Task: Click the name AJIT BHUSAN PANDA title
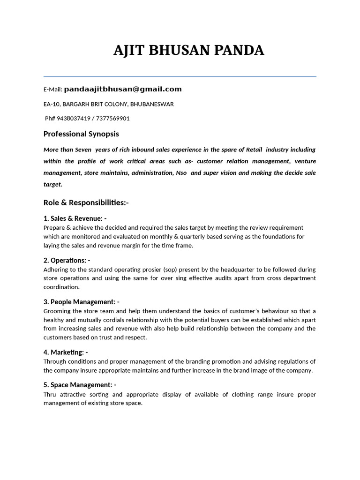[188, 51]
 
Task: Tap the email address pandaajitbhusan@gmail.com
[123, 89]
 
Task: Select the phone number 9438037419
[72, 119]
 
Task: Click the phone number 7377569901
[113, 119]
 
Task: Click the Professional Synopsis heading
[81, 134]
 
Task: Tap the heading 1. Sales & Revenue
[75, 218]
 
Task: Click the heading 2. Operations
[67, 260]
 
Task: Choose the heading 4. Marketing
[66, 352]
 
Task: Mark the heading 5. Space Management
[80, 385]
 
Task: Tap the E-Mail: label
[53, 90]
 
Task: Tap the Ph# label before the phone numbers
[50, 119]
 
